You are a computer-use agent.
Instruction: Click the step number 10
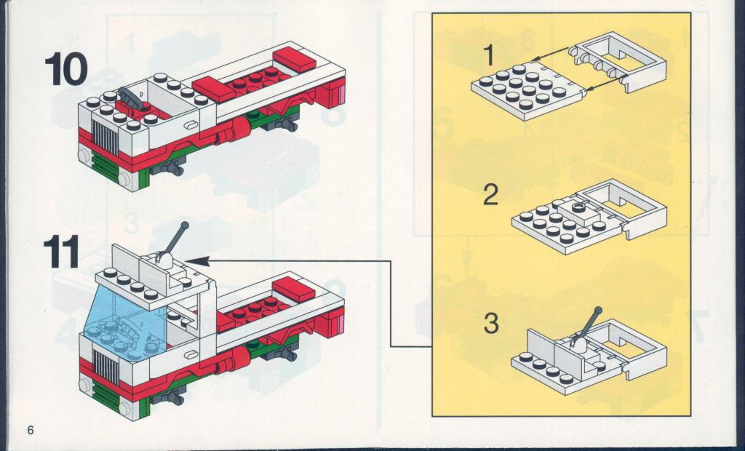(x=66, y=68)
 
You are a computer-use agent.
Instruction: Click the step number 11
(x=61, y=252)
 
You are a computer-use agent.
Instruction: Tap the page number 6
(x=31, y=430)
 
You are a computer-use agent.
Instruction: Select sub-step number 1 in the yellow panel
(x=488, y=57)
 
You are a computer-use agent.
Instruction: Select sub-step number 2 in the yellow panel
(x=491, y=195)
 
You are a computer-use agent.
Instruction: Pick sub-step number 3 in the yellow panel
(x=491, y=323)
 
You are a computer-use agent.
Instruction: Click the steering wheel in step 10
(x=130, y=99)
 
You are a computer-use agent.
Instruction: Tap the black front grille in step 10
(x=105, y=137)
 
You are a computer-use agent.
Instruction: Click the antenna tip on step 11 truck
(x=185, y=225)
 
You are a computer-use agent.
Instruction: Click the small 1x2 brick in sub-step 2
(x=578, y=212)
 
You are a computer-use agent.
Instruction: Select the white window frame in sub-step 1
(x=620, y=61)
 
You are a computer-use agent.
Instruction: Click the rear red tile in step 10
(x=295, y=60)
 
